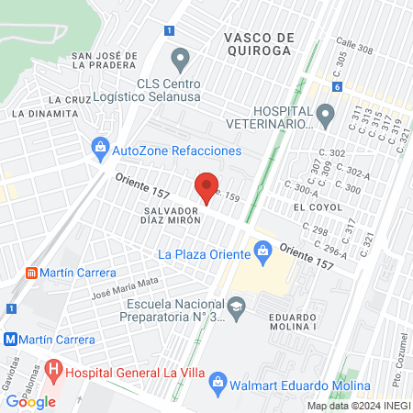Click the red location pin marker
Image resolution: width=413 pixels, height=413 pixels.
[208, 185]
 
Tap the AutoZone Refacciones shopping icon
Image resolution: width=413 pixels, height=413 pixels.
[100, 150]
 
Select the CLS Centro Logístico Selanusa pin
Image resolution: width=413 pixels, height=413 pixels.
[181, 61]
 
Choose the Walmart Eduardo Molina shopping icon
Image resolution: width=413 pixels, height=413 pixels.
[218, 380]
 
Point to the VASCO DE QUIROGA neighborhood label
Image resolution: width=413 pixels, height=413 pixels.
[258, 43]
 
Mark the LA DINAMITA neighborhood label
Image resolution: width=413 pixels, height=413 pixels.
[44, 113]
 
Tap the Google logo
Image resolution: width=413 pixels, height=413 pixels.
[31, 401]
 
